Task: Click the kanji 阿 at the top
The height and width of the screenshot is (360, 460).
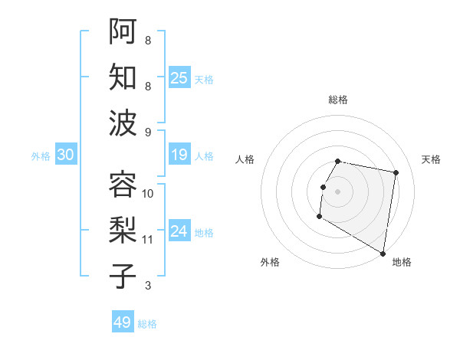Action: (123, 30)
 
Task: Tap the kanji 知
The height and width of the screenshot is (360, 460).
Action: (123, 77)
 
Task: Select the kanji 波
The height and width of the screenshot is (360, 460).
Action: (123, 123)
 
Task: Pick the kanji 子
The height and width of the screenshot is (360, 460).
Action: (123, 277)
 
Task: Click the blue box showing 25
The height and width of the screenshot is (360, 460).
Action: (179, 77)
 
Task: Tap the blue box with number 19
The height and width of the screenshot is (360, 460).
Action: (179, 155)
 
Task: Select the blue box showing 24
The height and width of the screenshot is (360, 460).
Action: (179, 232)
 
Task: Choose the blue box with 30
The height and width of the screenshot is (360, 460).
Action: (66, 155)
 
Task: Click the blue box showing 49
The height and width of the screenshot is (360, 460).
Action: (123, 322)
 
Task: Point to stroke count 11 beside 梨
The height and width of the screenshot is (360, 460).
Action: (148, 240)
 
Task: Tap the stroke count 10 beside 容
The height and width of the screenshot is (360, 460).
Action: (148, 193)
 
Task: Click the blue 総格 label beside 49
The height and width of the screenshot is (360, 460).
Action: (147, 324)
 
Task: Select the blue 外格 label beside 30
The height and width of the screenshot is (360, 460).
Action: (41, 156)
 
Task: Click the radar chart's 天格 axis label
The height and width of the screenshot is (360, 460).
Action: (432, 159)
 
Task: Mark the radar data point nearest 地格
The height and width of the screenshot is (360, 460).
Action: (383, 254)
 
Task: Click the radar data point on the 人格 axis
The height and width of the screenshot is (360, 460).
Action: (324, 187)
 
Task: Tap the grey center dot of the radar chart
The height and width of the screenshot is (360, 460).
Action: (338, 191)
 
